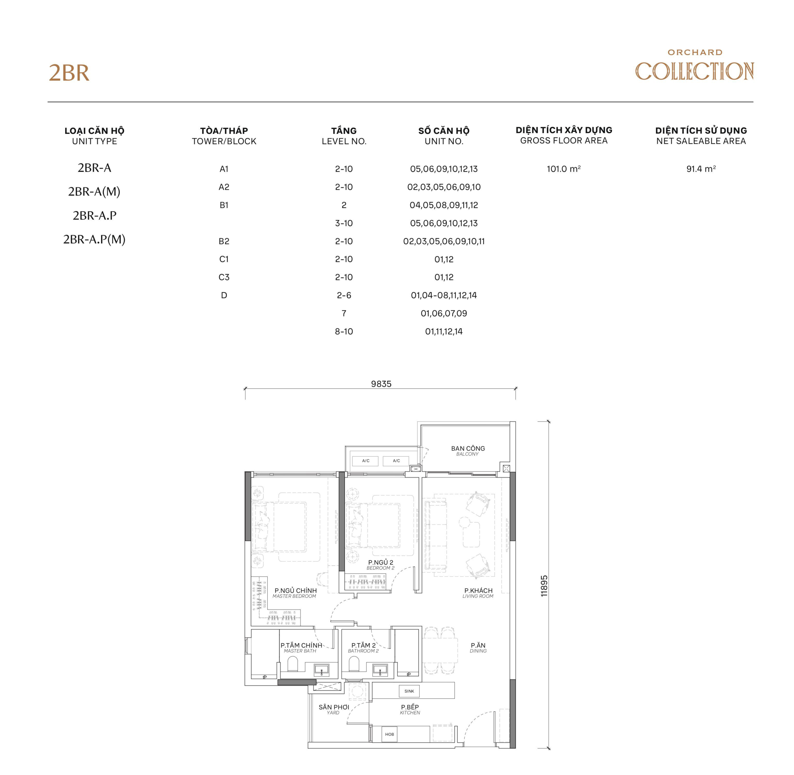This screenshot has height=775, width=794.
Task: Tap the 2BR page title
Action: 69,73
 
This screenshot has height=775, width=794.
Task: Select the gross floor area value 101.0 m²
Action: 564,169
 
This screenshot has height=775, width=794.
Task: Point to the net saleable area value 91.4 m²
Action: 701,169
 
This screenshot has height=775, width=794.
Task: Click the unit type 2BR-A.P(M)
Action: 94,239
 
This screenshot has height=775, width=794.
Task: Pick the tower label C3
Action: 224,277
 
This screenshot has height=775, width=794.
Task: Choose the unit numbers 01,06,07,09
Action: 444,313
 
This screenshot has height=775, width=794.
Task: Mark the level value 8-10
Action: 344,331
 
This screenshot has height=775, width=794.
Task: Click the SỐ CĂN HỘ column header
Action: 444,135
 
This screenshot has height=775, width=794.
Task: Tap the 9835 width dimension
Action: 381,384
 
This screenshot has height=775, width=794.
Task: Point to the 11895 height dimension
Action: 544,586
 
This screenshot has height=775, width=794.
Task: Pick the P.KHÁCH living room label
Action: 478,593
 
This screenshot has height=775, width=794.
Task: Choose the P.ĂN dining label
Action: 478,648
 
